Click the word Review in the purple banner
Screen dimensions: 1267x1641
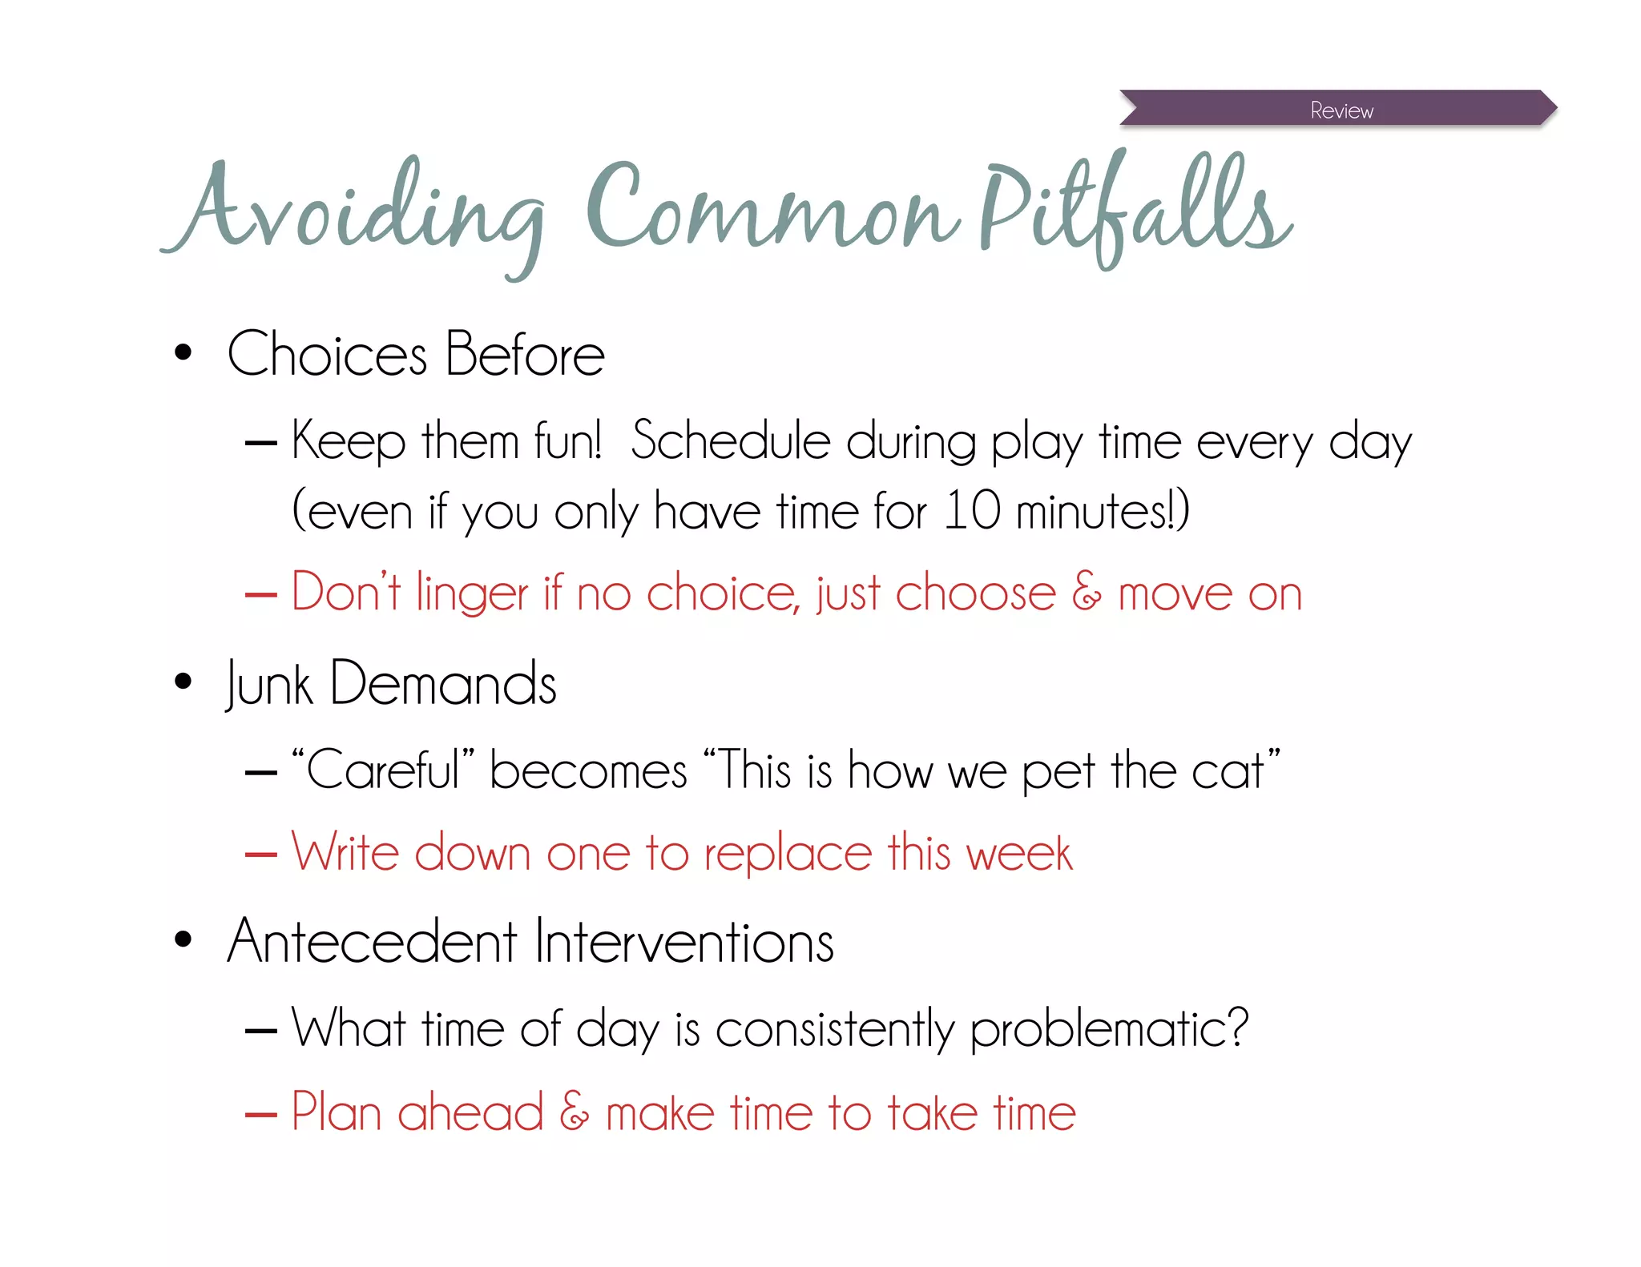pos(1341,111)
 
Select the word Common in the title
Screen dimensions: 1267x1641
pos(773,208)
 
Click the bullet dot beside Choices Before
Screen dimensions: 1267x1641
pos(183,352)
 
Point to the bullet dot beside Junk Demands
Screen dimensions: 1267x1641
pos(183,682)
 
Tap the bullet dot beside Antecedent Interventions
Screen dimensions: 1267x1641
pos(183,939)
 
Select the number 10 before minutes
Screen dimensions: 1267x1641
pos(972,510)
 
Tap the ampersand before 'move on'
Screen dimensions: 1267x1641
pos(1087,593)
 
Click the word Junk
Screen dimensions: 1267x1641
pos(269,685)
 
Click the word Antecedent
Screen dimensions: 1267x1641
pos(373,942)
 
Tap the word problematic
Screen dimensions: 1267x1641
pos(1109,1029)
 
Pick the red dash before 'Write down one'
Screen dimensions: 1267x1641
pos(261,855)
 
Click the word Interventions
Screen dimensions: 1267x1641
pos(684,942)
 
